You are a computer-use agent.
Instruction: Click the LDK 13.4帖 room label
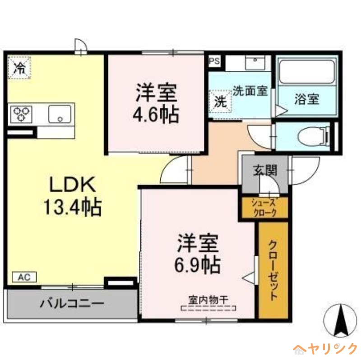[x=72, y=195]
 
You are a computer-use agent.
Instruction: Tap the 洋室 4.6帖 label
[x=155, y=103]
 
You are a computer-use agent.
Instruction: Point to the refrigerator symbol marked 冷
[x=19, y=68]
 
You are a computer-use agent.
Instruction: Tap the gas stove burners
[x=20, y=114]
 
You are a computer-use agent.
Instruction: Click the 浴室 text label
[x=307, y=99]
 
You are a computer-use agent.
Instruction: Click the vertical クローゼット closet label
[x=273, y=271]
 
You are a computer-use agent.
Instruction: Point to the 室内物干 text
[x=208, y=299]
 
